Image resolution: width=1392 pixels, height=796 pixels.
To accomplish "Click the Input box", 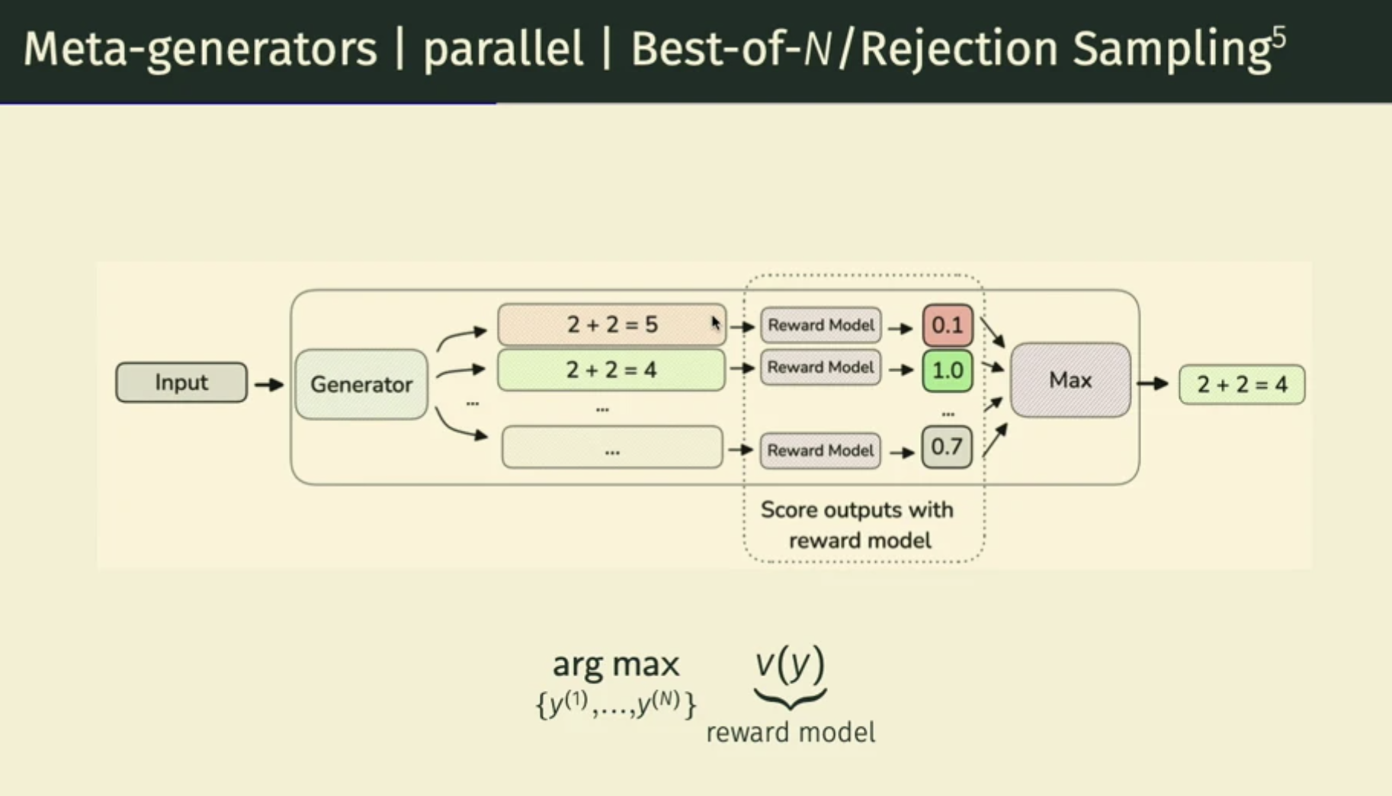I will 181,382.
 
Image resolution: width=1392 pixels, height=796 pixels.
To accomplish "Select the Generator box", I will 361,384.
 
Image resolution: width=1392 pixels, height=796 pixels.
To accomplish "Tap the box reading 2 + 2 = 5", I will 611,325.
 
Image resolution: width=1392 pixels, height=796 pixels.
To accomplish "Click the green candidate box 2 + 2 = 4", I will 611,370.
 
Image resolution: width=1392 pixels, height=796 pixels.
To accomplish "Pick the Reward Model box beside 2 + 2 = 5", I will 820,325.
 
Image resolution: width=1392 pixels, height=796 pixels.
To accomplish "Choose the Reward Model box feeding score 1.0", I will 820,368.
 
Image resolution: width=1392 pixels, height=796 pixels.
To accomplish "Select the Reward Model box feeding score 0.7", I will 820,451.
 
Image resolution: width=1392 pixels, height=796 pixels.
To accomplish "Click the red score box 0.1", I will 948,326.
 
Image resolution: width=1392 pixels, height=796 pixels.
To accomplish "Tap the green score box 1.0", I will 948,371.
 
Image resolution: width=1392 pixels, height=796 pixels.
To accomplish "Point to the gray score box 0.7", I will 947,447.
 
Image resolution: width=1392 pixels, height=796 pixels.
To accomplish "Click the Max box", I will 1070,380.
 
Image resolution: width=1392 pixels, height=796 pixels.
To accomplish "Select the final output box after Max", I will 1242,384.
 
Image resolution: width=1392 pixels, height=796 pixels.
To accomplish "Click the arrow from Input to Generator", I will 269,384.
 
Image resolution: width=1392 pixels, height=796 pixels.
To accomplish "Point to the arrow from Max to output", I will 1153,384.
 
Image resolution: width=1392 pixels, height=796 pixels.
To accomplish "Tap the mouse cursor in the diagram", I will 716,323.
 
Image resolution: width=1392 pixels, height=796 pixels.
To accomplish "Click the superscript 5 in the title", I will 1278,36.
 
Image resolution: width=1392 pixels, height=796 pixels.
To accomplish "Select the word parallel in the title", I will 502,49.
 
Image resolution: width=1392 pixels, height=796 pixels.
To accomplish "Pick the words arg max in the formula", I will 615,664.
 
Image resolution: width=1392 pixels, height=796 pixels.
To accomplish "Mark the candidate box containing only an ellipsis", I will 612,448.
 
